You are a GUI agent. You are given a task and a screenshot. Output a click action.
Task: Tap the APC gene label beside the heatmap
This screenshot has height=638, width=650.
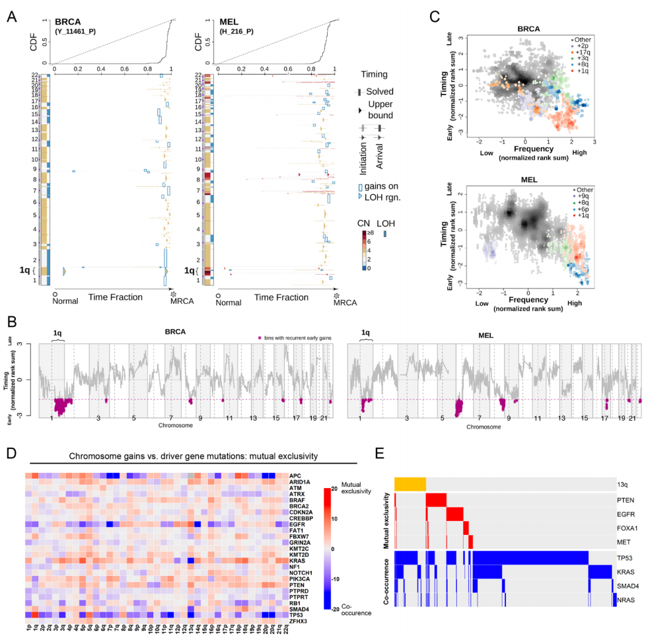295,475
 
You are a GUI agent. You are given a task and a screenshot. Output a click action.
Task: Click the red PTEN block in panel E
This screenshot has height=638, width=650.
436,501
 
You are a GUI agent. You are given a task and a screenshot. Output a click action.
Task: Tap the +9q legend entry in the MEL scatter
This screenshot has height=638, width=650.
581,195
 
